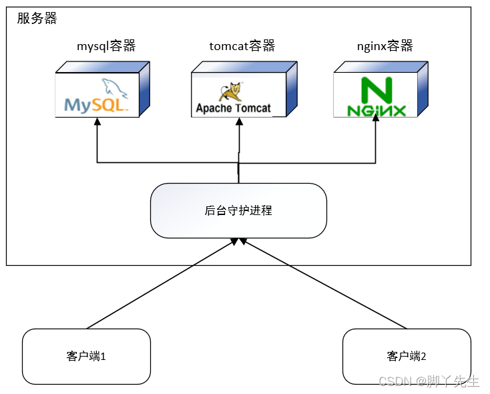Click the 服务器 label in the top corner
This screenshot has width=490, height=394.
tap(37, 19)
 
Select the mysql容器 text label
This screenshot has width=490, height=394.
tap(106, 46)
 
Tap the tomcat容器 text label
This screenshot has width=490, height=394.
tap(242, 46)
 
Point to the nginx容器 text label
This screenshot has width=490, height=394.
tap(385, 46)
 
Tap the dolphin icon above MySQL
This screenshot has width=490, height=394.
tap(114, 87)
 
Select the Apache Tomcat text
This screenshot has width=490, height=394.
tap(233, 108)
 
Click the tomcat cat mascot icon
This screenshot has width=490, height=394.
tap(234, 91)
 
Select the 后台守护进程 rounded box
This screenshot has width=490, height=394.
tap(238, 210)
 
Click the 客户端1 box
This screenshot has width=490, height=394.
tap(86, 356)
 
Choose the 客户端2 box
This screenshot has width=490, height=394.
tap(406, 356)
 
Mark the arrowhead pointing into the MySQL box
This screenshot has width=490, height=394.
tap(97, 122)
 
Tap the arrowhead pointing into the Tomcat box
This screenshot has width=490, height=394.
tap(238, 122)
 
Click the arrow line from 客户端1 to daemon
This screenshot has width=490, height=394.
tap(160, 284)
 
